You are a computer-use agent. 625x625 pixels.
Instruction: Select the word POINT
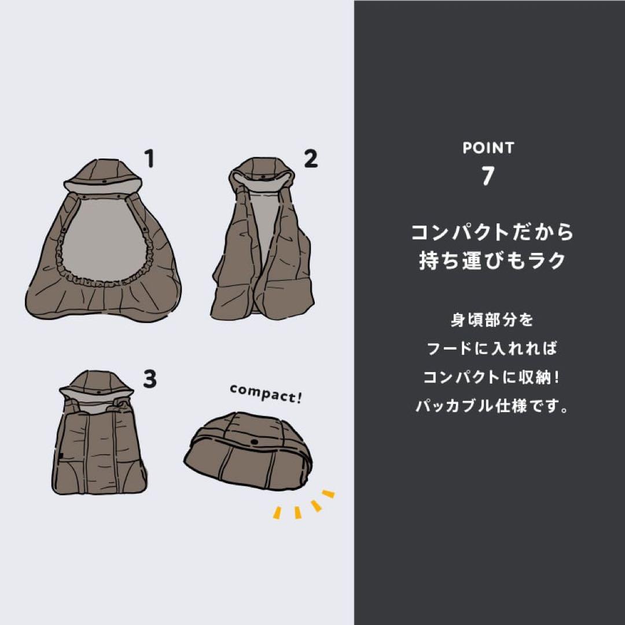[488, 148]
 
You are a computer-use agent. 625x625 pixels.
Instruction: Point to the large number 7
[488, 177]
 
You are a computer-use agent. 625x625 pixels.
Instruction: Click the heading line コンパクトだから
[492, 232]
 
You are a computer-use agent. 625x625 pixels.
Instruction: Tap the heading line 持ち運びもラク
[492, 260]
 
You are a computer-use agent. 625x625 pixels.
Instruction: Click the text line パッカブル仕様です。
[491, 406]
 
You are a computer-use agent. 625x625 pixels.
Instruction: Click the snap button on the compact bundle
[254, 442]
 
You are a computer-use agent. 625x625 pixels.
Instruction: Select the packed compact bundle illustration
[249, 451]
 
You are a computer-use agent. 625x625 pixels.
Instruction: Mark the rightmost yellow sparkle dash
[328, 494]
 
